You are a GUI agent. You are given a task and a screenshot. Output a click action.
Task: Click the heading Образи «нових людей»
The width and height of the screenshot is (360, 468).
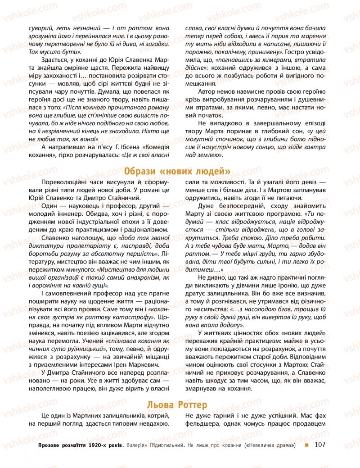click(178, 171)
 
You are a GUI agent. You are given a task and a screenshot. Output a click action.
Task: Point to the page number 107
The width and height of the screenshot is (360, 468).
click(320, 445)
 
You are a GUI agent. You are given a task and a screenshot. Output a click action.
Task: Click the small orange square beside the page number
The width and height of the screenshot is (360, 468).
click(306, 445)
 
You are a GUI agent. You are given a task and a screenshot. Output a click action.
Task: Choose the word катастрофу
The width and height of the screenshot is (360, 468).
click(136, 318)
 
